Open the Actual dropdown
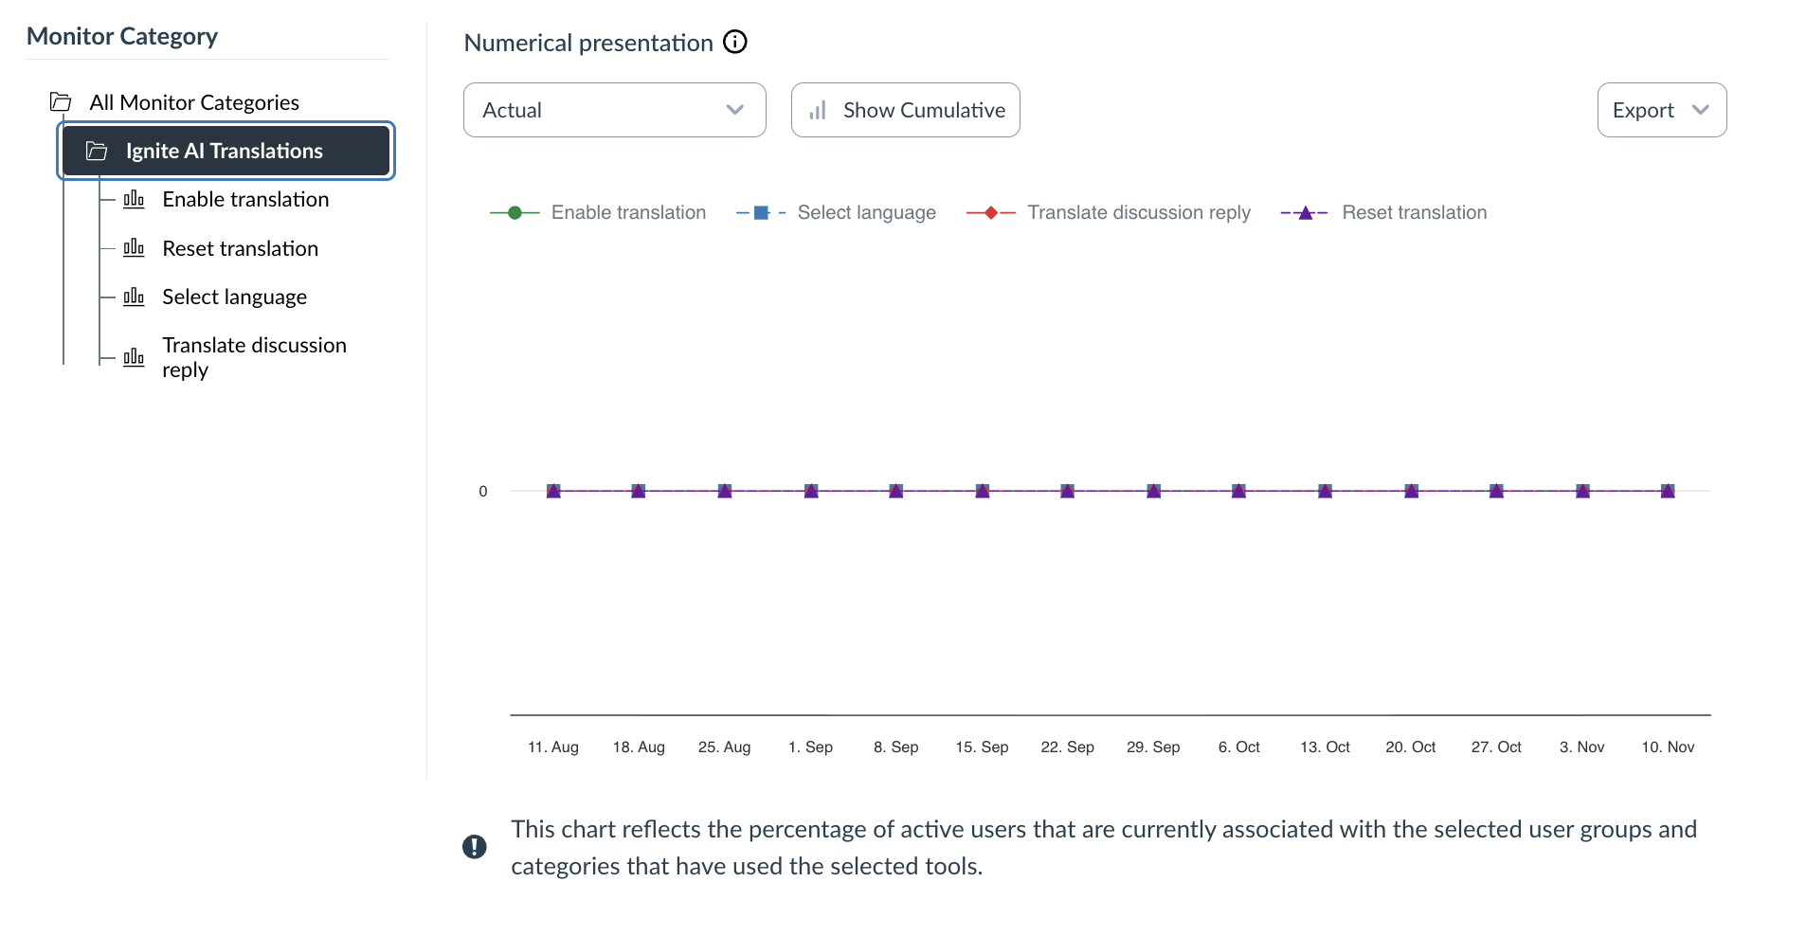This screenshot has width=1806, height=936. pos(614,110)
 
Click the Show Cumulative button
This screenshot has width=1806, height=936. pos(905,110)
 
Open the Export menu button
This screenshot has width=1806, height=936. pos(1661,110)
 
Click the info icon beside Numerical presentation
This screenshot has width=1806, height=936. pos(735,42)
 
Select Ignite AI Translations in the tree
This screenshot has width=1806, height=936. pos(225,151)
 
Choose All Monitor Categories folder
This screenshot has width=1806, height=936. pos(193,102)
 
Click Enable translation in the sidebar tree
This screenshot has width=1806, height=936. pos(245,199)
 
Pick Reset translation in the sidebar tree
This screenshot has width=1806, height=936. pos(240,248)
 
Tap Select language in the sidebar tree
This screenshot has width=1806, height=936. pos(234,297)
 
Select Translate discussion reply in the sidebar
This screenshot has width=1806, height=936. pos(253,357)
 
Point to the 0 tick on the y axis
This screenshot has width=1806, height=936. pos(483,492)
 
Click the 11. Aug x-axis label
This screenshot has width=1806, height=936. pos(553,747)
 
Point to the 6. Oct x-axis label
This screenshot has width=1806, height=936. pos(1238,747)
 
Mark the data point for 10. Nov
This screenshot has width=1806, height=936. pos(1668,491)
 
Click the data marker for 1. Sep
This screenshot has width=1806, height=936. pos(811,491)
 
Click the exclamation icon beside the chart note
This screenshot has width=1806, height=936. pos(475,847)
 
